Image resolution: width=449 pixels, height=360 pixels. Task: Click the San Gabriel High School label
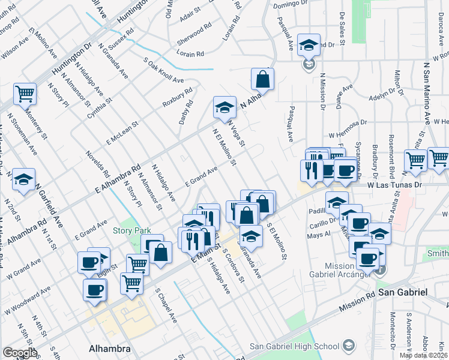[294, 346]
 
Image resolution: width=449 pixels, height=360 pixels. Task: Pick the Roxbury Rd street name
[177, 98]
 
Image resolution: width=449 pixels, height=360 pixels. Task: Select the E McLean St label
[122, 133]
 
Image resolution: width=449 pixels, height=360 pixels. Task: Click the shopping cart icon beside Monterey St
[25, 93]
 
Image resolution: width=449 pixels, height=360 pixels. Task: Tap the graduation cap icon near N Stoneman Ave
[24, 179]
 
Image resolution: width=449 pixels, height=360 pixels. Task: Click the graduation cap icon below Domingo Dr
[309, 44]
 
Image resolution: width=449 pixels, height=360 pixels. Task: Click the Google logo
[20, 353]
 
